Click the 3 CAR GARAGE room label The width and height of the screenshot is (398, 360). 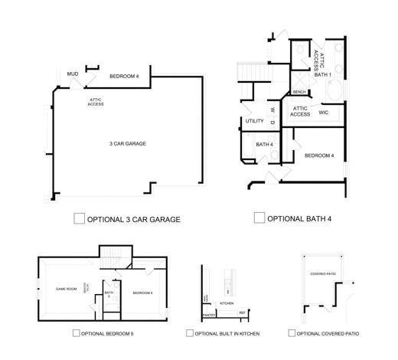[127, 144]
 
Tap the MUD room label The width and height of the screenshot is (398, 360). [73, 74]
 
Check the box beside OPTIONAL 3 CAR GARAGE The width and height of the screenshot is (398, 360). [79, 218]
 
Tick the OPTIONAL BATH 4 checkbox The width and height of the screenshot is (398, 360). [259, 218]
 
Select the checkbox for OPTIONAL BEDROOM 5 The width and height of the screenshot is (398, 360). [76, 333]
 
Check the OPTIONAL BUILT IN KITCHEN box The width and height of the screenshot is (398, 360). [189, 333]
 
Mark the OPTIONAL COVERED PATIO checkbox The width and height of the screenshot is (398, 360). [292, 333]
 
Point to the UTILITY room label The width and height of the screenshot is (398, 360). [254, 121]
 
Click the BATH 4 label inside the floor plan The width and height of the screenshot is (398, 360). [264, 144]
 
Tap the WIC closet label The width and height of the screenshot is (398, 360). [323, 113]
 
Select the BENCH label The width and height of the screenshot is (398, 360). [299, 93]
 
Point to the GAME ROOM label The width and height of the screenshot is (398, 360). [67, 289]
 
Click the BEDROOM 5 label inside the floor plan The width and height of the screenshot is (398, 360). [143, 293]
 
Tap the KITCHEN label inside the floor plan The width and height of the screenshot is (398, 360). [227, 303]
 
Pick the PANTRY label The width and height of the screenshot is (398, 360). [208, 314]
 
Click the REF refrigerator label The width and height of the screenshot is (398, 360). [242, 313]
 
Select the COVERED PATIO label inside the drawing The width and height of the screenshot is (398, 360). [323, 273]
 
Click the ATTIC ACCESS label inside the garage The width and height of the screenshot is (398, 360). [96, 102]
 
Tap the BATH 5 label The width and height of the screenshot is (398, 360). [109, 294]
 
